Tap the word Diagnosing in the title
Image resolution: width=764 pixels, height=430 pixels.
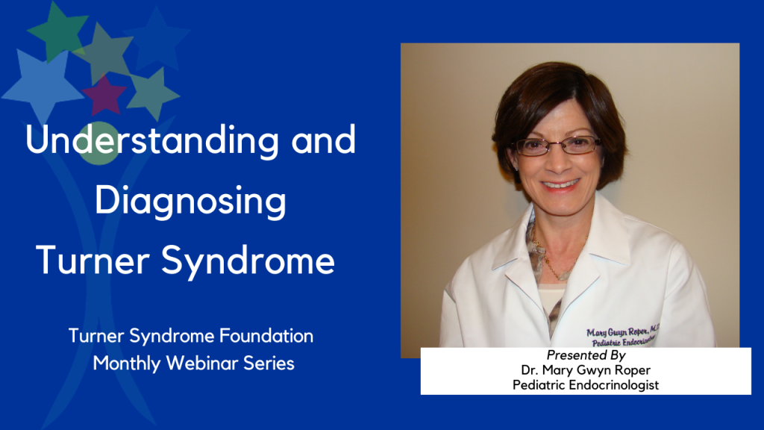191,202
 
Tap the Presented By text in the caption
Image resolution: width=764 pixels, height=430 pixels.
585,356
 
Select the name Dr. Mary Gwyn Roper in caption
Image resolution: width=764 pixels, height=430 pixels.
586,371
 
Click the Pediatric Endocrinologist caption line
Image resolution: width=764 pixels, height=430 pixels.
586,385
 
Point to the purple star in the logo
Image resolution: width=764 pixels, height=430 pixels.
104,95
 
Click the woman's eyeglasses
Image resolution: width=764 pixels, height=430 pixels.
557,146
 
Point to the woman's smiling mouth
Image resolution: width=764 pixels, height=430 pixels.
560,184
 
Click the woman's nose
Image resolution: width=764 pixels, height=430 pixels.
558,160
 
